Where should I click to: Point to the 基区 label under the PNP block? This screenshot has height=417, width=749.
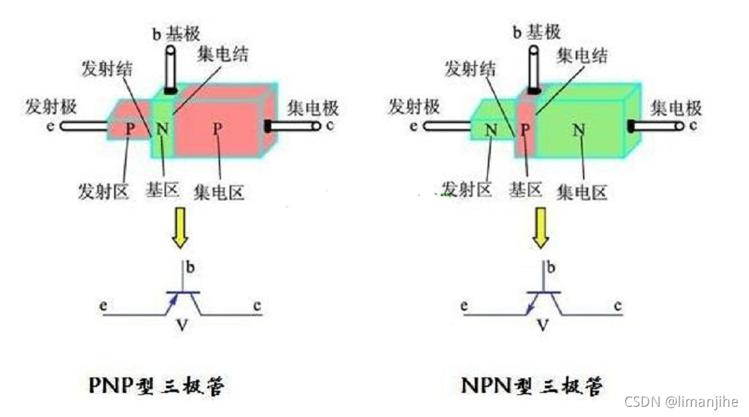(162, 191)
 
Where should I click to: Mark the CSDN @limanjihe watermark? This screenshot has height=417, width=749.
(681, 402)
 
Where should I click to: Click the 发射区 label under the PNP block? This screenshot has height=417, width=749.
(103, 192)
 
